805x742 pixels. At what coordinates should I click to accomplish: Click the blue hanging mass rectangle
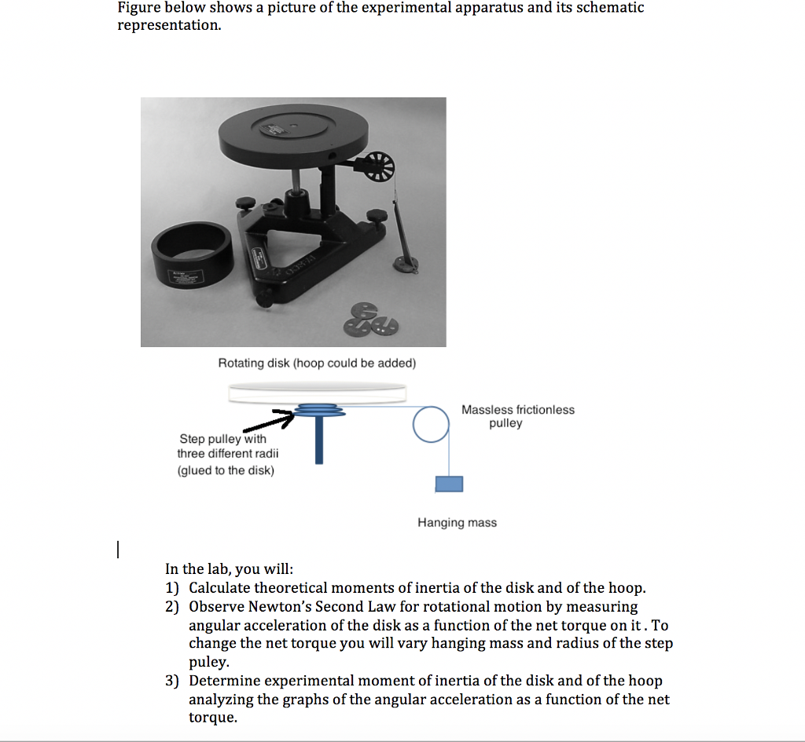click(x=449, y=483)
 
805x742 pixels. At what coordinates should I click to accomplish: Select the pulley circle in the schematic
click(x=431, y=426)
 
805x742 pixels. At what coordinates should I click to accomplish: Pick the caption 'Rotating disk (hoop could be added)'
click(x=317, y=363)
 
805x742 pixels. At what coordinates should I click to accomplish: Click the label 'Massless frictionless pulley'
click(x=517, y=416)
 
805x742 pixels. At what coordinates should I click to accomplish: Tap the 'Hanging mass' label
click(x=457, y=522)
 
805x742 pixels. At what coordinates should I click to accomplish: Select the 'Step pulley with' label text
click(x=222, y=439)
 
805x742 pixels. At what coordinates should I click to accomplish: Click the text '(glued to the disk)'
click(x=226, y=470)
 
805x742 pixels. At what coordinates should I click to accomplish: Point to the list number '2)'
click(x=172, y=607)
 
